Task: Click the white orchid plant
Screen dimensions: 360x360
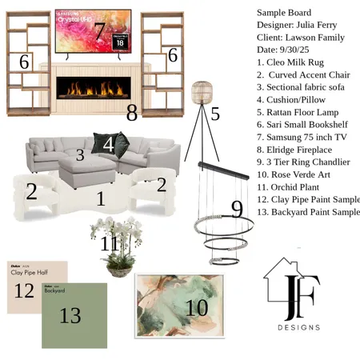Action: [x=120, y=240]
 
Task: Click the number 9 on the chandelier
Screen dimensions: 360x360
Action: [x=237, y=210]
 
